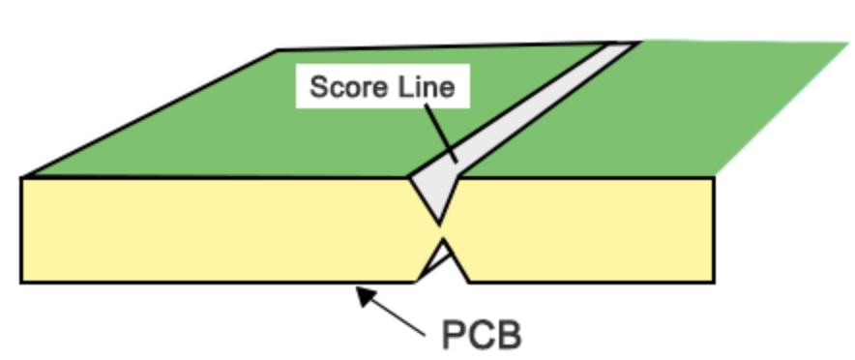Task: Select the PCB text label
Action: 482,334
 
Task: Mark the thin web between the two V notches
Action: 441,229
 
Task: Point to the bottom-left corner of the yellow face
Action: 22,282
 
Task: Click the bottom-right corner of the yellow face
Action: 713,282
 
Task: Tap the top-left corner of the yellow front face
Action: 22,178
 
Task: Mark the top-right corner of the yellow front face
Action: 713,178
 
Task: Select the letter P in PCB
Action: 455,334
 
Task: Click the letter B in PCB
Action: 509,334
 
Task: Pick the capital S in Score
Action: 317,88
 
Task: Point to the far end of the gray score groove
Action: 623,45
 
